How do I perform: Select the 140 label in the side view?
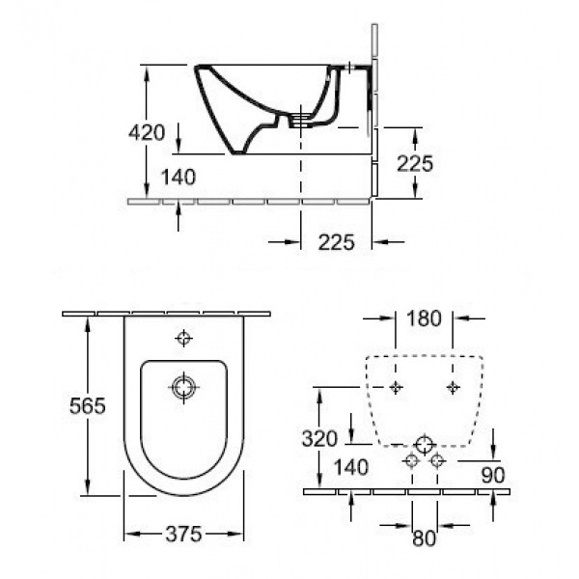click(x=179, y=177)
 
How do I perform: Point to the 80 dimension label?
click(x=425, y=538)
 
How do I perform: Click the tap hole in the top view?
click(x=183, y=339)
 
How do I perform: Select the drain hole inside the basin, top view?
click(x=183, y=388)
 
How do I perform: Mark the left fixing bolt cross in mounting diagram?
click(x=397, y=386)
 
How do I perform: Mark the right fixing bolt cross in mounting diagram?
click(x=454, y=386)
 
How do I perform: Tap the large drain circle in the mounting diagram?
click(x=424, y=446)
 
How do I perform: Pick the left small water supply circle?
click(x=412, y=460)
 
